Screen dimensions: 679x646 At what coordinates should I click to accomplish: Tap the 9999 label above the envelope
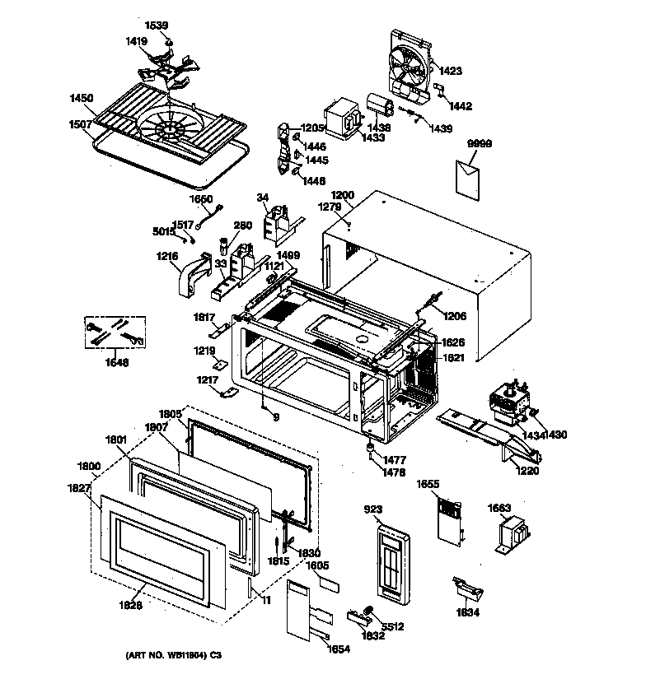coord(479,143)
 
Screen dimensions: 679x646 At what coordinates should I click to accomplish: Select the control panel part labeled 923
coord(391,564)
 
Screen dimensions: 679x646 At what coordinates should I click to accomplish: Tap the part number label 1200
coord(342,195)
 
